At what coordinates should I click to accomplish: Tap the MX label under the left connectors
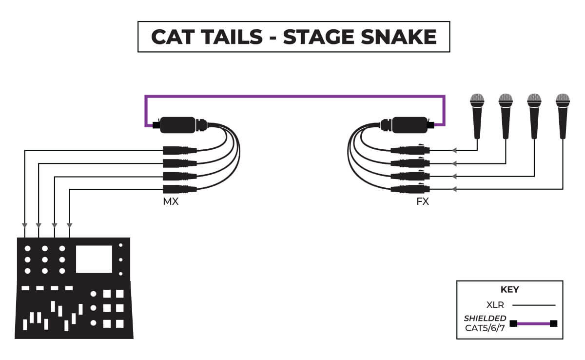[171, 201]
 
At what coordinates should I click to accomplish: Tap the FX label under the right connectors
[423, 201]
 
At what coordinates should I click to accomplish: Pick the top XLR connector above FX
[411, 151]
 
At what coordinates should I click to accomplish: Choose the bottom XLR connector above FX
[411, 189]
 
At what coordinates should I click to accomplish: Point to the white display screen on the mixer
[94, 259]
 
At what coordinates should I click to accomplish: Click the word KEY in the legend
[509, 289]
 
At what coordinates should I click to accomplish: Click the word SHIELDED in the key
[485, 318]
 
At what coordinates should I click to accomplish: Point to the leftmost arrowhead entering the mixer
[24, 226]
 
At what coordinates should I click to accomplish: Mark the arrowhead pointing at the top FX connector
[455, 151]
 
